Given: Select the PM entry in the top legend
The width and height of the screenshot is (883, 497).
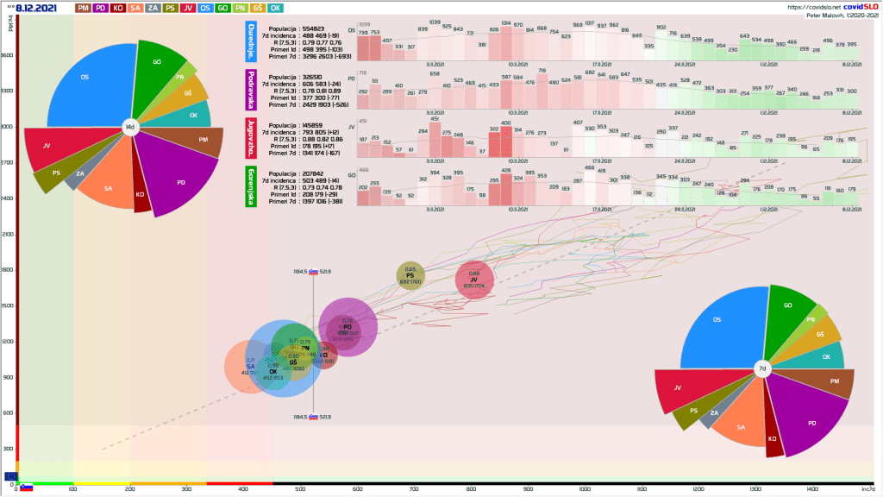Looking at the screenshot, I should [84, 8].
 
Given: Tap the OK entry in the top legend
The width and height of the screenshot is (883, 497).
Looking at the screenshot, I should [275, 8].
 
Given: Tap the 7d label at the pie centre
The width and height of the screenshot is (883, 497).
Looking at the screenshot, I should [761, 368].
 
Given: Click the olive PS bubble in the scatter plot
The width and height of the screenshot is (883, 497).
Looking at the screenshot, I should [410, 275].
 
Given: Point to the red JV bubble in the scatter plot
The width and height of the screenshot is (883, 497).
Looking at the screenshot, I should [473, 280].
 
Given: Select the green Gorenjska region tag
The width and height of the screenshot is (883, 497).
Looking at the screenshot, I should [252, 186].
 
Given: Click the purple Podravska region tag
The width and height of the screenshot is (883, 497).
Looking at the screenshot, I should [252, 90].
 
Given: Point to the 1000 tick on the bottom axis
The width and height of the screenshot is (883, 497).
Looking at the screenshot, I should [586, 490].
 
